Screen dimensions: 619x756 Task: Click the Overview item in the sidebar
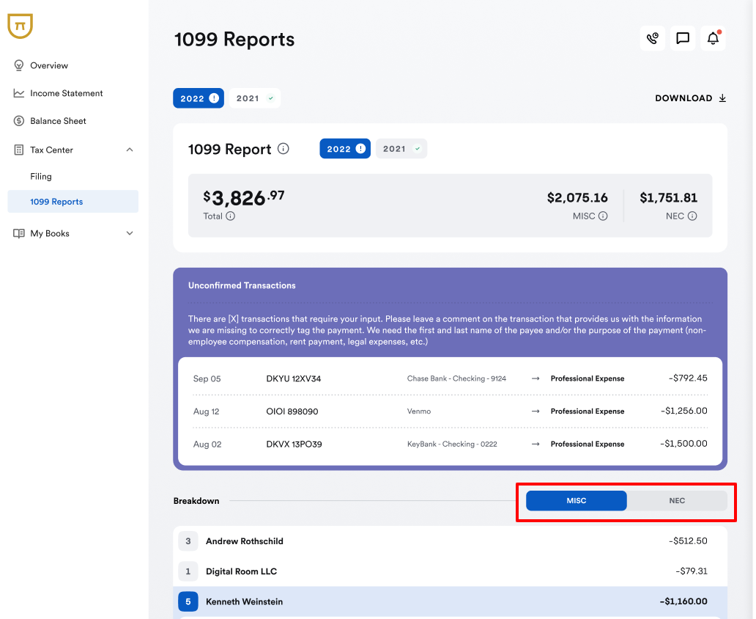(x=48, y=65)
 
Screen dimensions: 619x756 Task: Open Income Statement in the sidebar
(x=66, y=93)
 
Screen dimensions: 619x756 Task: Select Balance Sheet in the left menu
(x=58, y=121)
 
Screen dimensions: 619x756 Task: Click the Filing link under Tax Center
(x=41, y=176)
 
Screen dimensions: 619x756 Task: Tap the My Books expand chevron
(x=130, y=233)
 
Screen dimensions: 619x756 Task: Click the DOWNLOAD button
(x=690, y=98)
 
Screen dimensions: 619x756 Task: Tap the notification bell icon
(x=713, y=39)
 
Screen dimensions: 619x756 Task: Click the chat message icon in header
(x=683, y=39)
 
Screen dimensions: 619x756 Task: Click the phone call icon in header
(x=653, y=39)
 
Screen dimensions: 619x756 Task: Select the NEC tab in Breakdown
(x=677, y=501)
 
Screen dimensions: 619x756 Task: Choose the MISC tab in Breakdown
(x=577, y=501)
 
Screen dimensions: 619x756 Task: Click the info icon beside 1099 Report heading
(x=283, y=149)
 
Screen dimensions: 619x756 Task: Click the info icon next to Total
(x=231, y=216)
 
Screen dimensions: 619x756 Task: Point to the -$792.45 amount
(x=688, y=378)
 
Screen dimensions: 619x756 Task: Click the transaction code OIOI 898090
(x=292, y=411)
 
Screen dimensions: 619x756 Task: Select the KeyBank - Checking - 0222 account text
(x=452, y=444)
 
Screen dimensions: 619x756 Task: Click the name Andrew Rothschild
(x=245, y=541)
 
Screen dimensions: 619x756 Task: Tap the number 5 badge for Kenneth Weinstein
(x=188, y=601)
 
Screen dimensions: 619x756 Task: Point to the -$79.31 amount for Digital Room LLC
(x=692, y=571)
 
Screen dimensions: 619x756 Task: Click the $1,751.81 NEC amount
(x=668, y=198)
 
